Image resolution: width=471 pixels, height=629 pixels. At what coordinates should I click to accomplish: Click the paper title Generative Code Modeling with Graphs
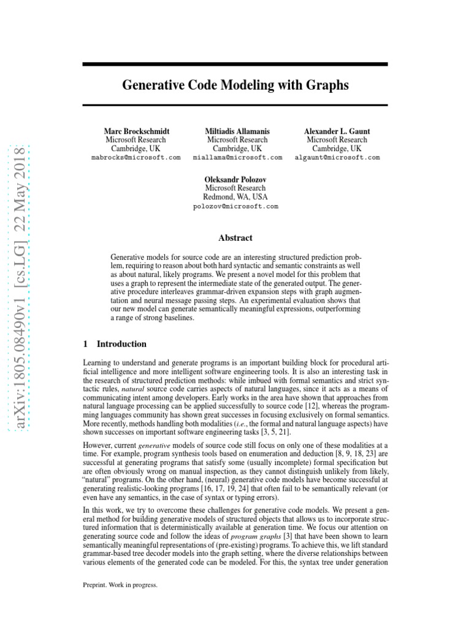click(x=235, y=85)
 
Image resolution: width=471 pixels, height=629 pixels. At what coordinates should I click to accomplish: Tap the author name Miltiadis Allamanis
click(x=237, y=131)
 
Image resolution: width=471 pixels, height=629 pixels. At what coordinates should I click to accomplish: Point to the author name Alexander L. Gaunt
click(x=337, y=131)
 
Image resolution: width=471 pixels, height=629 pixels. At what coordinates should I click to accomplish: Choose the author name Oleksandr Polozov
click(x=235, y=179)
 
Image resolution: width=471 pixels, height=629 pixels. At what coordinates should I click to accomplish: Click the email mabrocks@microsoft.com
click(x=136, y=158)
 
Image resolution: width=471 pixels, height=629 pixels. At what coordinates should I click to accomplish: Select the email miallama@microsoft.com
click(x=237, y=158)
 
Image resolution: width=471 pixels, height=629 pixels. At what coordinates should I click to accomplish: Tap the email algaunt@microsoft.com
click(x=337, y=158)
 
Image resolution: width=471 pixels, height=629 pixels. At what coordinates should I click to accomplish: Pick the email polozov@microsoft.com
click(x=235, y=206)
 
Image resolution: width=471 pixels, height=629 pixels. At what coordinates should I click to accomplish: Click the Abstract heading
click(x=235, y=238)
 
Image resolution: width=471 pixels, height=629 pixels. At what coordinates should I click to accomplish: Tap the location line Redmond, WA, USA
click(x=235, y=197)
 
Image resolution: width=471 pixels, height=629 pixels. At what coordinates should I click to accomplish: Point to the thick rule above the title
click(x=235, y=64)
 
